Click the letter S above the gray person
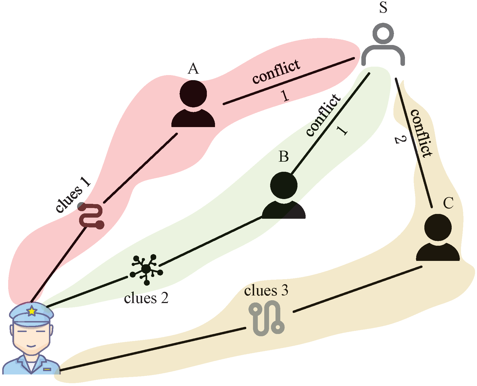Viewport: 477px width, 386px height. (383, 8)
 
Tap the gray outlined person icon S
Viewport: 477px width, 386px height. (383, 45)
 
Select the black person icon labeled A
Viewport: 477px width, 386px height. (193, 104)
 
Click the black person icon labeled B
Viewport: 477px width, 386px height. (284, 195)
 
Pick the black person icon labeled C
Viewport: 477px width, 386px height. (438, 238)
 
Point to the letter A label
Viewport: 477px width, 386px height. (193, 69)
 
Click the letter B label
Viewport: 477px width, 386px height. (284, 157)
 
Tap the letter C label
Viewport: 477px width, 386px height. (448, 203)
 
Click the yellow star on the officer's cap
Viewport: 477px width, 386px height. (32, 311)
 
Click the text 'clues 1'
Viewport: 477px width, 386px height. (73, 195)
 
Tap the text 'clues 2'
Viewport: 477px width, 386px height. (146, 298)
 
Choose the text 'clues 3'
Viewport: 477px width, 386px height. (266, 291)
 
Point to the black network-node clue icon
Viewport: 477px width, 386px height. (146, 269)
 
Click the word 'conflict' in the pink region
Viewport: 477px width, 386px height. (276, 71)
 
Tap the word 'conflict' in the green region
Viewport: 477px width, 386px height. (323, 115)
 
